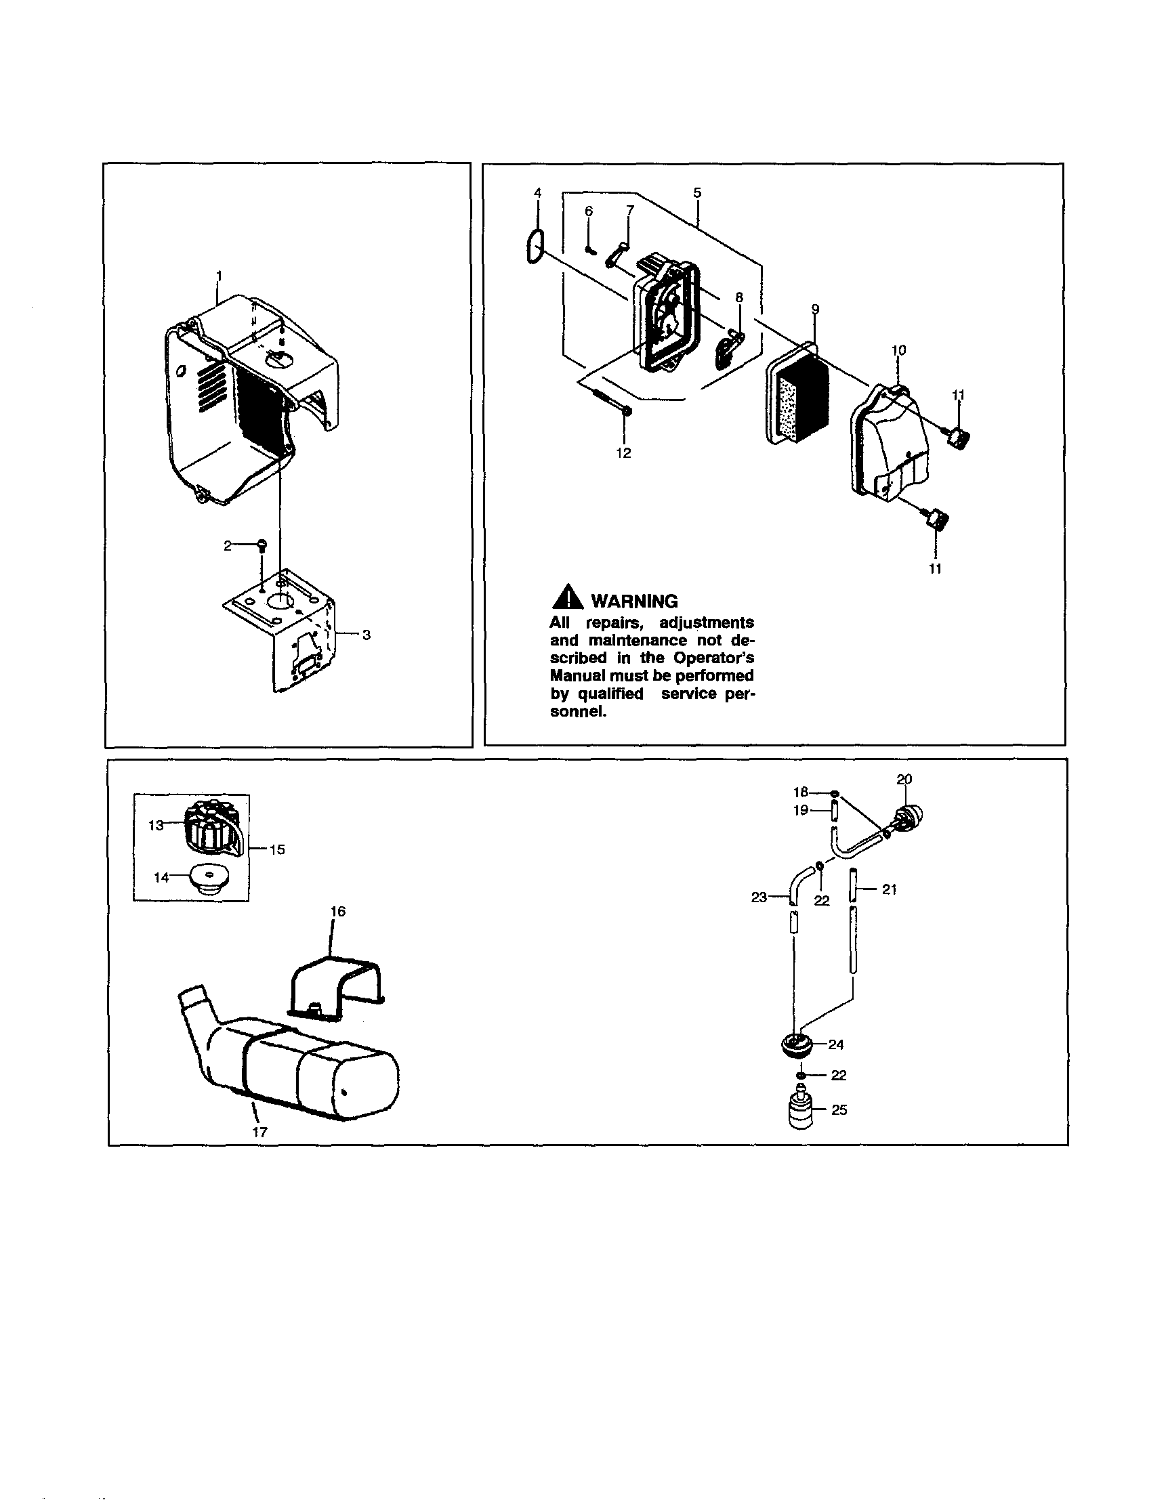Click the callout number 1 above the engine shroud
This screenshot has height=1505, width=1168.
tap(219, 275)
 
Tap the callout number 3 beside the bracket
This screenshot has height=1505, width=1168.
tap(366, 635)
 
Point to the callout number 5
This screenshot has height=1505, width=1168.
tap(697, 193)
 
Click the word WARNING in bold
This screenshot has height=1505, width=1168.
tap(635, 601)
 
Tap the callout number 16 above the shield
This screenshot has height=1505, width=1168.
tap(337, 912)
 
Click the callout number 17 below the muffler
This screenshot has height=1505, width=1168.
tap(259, 1132)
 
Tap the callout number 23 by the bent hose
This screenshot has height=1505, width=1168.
tap(759, 897)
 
